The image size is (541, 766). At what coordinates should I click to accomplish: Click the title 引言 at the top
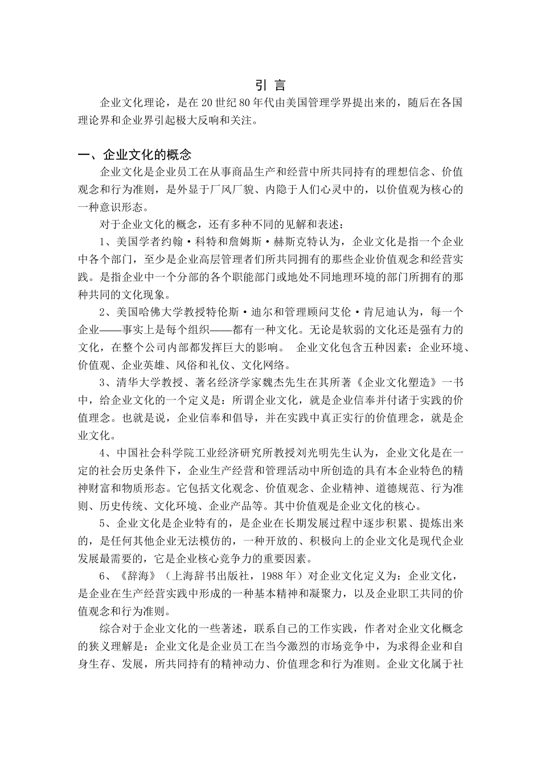point(270,85)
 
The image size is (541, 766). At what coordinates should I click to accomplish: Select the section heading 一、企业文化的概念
point(135,155)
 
